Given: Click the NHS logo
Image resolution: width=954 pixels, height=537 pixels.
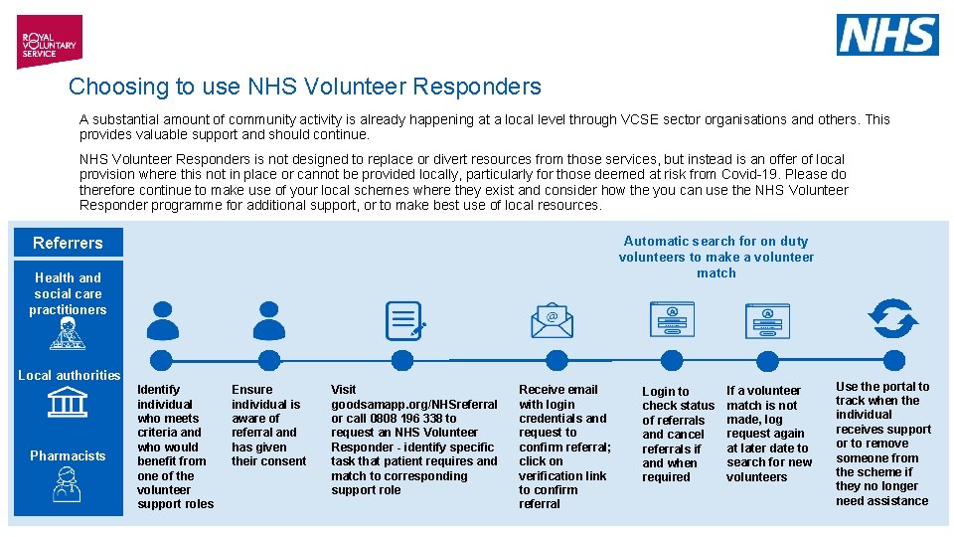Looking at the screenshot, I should (x=886, y=35).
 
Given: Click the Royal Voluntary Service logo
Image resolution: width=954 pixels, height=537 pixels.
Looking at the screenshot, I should (x=48, y=41).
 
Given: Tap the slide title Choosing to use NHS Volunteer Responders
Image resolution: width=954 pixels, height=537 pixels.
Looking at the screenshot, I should (x=305, y=87).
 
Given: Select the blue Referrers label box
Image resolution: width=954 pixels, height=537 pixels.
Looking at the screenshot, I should (x=68, y=243).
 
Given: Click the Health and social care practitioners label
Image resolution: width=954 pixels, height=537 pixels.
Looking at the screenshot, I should (x=68, y=293).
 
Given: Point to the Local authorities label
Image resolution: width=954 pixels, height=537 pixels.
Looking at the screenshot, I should (x=69, y=375).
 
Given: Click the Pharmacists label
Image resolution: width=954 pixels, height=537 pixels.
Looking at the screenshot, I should (x=68, y=455).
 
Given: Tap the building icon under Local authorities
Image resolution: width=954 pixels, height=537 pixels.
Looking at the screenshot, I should (x=68, y=403).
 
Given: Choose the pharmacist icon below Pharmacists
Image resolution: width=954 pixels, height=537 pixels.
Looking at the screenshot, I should (x=68, y=486).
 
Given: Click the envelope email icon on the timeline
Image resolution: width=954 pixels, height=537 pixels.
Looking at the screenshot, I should (x=552, y=320).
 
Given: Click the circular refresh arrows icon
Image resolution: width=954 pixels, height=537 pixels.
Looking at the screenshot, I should (x=892, y=319).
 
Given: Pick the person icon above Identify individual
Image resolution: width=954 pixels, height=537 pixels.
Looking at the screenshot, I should (x=163, y=320).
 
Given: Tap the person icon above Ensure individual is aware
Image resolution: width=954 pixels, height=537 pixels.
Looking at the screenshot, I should (x=268, y=320).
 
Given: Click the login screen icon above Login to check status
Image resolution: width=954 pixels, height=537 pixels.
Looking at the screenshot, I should (x=672, y=320).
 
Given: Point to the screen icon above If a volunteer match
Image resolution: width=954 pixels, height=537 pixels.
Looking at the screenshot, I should (x=767, y=320).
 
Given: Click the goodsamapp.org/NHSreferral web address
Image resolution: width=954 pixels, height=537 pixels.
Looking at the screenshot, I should (x=413, y=404).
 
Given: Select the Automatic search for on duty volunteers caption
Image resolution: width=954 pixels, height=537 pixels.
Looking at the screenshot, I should (x=715, y=257).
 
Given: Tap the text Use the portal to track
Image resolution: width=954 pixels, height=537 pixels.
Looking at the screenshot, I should (x=882, y=394).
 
